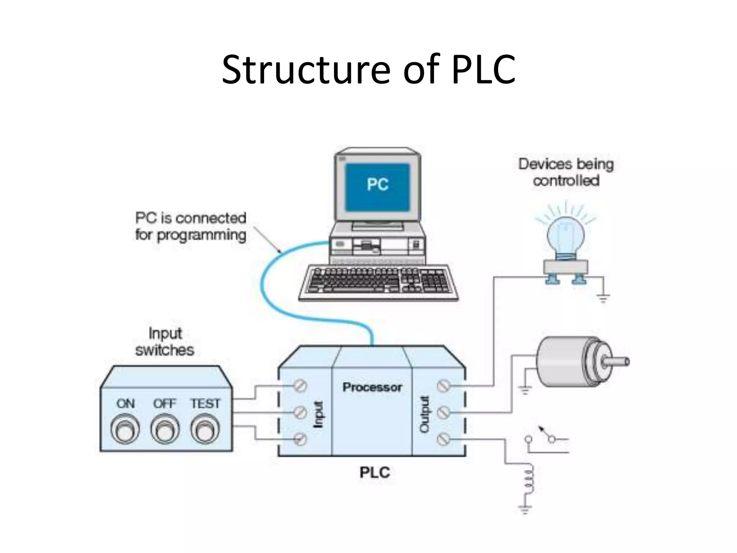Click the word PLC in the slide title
coord(483,70)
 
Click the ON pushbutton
coord(125,430)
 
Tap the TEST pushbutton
coord(205,430)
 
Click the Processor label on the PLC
coord(372,387)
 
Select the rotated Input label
coord(318,414)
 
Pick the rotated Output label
coord(425,414)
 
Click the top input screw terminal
coord(300,386)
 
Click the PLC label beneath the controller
coord(375,472)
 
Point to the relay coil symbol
coord(529,481)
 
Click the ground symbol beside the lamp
coord(603,298)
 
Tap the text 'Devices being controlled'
coord(566,172)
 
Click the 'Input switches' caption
coord(165,341)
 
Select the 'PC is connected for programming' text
coord(191,226)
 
